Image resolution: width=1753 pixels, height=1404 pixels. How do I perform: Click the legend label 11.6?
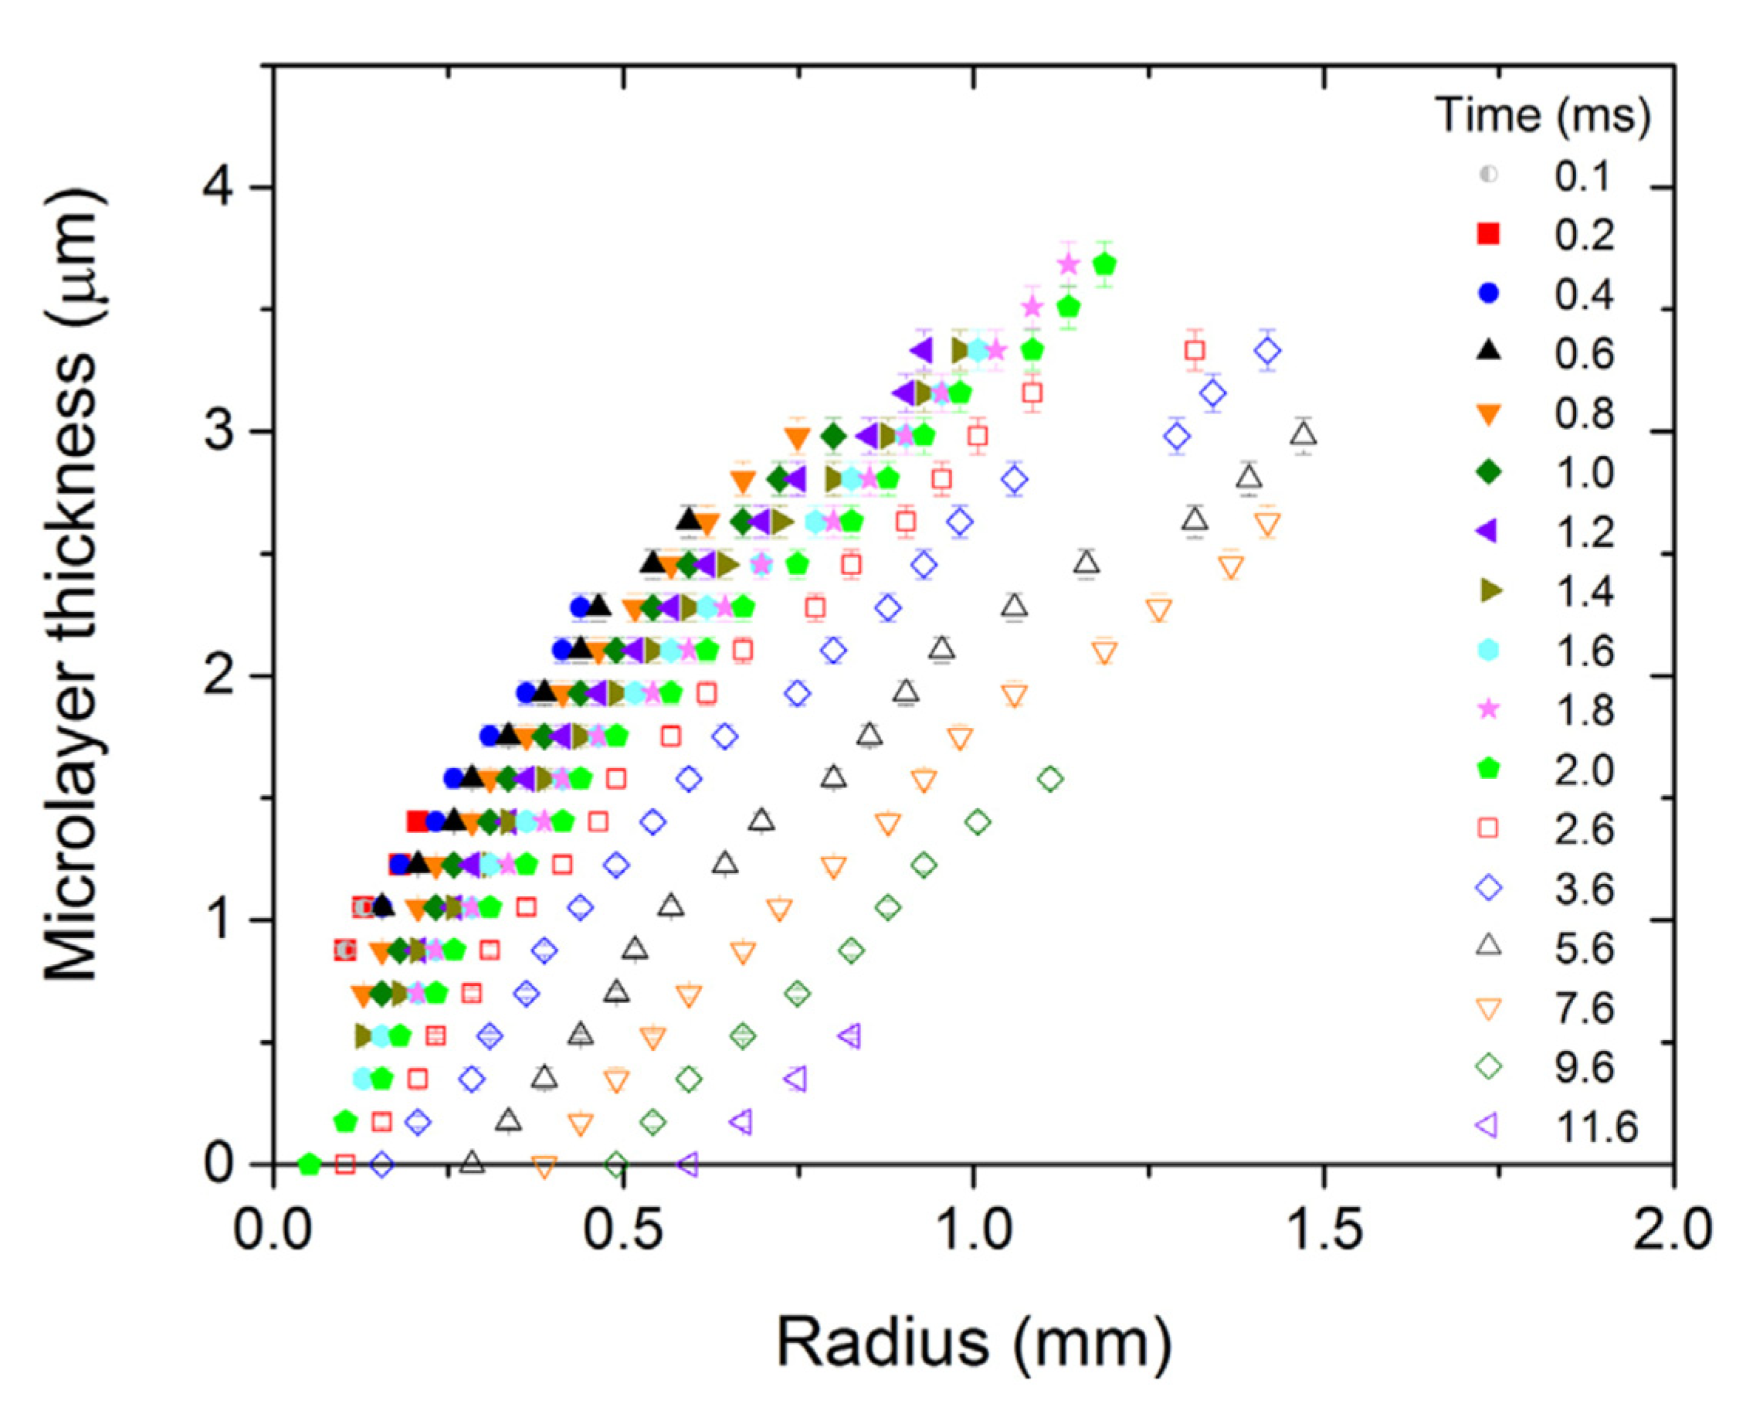click(x=1596, y=1127)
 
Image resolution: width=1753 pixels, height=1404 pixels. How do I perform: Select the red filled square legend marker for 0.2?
click(x=1488, y=234)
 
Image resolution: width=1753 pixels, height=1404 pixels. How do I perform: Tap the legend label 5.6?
click(x=1584, y=948)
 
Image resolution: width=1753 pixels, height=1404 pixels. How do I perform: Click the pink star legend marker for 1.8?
click(x=1488, y=709)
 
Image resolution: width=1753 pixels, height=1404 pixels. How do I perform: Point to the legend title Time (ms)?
click(x=1542, y=114)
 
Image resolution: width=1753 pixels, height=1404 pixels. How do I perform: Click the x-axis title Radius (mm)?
click(x=974, y=1342)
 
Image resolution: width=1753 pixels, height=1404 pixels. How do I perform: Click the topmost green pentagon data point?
click(x=1104, y=264)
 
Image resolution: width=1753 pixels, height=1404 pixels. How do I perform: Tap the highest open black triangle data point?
click(x=1304, y=434)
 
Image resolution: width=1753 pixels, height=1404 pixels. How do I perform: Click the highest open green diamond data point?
click(x=1050, y=778)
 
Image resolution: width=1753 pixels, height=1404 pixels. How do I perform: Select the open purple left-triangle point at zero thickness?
click(x=688, y=1164)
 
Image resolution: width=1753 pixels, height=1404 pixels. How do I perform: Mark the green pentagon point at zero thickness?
click(x=309, y=1164)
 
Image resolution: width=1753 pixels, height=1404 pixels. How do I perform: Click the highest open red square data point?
click(x=1195, y=351)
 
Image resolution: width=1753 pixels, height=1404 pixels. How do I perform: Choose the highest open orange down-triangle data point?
click(x=1267, y=525)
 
